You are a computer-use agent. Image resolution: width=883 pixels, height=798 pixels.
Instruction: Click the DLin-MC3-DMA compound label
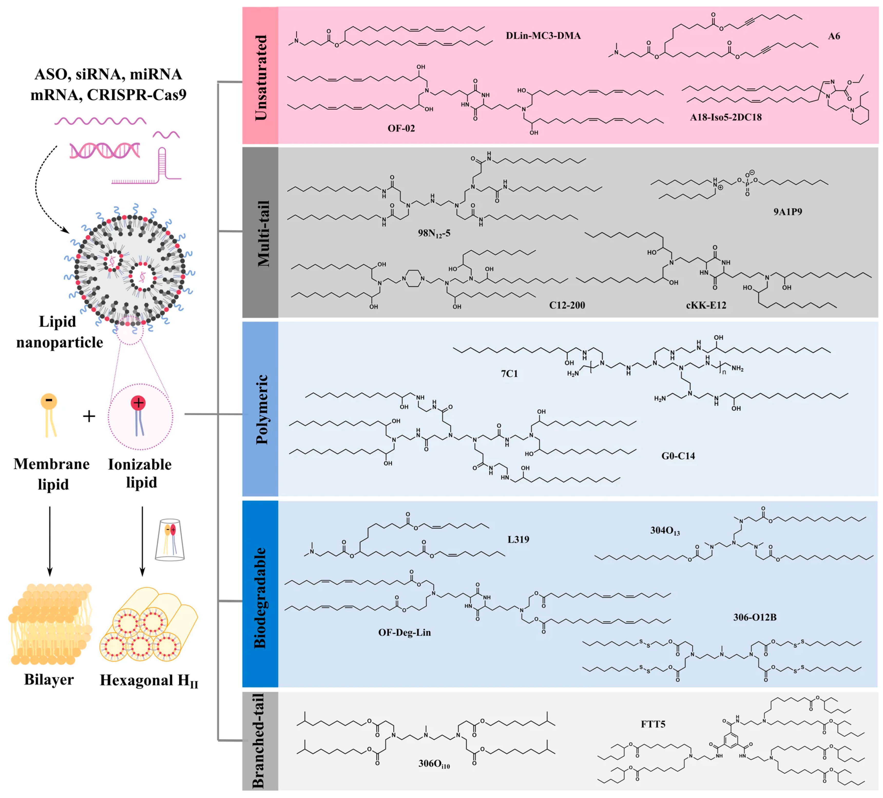coord(543,36)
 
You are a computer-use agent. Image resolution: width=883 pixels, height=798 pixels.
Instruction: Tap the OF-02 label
coord(401,128)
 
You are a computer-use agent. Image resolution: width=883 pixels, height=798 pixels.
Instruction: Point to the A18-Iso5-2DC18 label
coord(726,117)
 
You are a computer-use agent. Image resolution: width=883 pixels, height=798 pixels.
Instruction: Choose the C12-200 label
coord(567,305)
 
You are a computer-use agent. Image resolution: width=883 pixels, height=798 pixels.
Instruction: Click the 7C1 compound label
coord(509,374)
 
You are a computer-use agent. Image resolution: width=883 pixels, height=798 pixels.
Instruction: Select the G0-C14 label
coord(678,456)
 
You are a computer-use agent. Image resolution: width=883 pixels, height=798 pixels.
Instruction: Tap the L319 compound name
coord(518,539)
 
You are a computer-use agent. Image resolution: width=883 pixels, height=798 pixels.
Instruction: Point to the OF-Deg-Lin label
coord(404,632)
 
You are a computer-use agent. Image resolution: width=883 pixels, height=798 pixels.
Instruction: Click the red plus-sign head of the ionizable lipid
coord(138,403)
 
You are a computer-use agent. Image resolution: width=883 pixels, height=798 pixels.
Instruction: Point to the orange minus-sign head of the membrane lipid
coord(49,401)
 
